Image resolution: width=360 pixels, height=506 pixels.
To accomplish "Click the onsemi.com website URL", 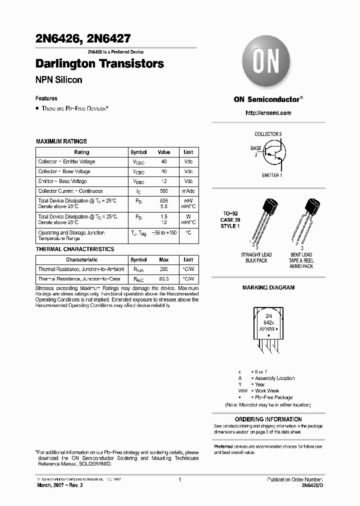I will (x=268, y=113).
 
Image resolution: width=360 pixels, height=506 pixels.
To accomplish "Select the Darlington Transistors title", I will (x=99, y=64).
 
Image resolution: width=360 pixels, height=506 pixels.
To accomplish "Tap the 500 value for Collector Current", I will (x=164, y=191).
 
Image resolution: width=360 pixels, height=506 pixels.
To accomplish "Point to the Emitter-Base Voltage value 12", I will (x=164, y=181).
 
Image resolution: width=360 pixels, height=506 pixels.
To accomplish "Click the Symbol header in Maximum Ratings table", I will (x=138, y=152).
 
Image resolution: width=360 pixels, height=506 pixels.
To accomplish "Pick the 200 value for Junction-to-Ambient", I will (x=164, y=269).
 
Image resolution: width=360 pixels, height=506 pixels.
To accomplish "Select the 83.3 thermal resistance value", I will (x=164, y=279).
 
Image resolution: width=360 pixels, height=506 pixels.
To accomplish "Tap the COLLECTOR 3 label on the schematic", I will (x=268, y=134).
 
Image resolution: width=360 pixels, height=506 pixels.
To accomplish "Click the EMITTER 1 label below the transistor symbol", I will (x=272, y=175).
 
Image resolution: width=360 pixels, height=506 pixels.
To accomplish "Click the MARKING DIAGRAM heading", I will (x=268, y=288).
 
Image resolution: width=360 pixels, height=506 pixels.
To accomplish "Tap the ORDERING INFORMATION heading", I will (x=268, y=419).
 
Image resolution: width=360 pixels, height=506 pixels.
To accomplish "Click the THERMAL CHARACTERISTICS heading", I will (x=75, y=249).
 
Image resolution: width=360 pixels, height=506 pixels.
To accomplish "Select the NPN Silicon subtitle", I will (x=58, y=80).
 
